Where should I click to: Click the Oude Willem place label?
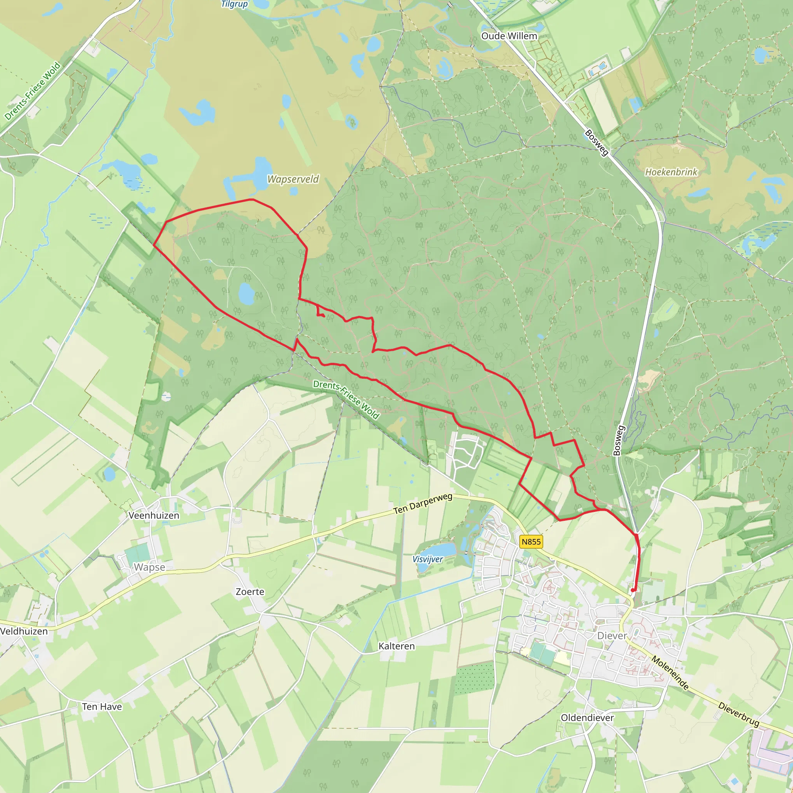(509, 36)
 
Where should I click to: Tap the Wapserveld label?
(293, 179)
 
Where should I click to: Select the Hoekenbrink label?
(671, 172)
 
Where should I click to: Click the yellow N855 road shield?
(531, 542)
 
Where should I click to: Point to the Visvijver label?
(428, 560)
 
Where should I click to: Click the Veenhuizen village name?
(154, 515)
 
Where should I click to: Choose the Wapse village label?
(149, 567)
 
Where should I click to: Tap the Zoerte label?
(250, 592)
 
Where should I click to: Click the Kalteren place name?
(396, 646)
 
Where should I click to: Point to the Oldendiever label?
(587, 718)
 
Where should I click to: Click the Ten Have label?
(102, 707)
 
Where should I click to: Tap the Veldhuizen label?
(24, 631)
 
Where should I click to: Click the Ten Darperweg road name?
(423, 504)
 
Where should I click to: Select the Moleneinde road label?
(670, 673)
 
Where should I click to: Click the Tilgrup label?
(234, 4)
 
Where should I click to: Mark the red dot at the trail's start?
(633, 590)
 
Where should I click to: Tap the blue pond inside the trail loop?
(246, 293)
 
